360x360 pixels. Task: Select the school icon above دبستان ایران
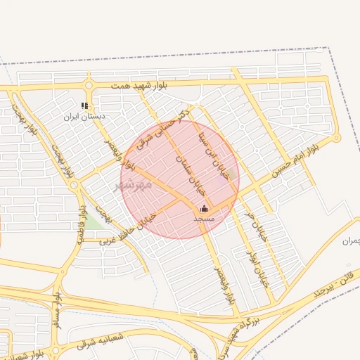click(x=85, y=105)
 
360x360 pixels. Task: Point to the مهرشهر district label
click(x=134, y=185)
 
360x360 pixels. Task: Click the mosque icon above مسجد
click(x=204, y=208)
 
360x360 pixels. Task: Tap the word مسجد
click(x=204, y=219)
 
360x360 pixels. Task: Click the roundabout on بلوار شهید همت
click(x=89, y=86)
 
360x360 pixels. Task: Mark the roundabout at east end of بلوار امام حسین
click(x=337, y=137)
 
